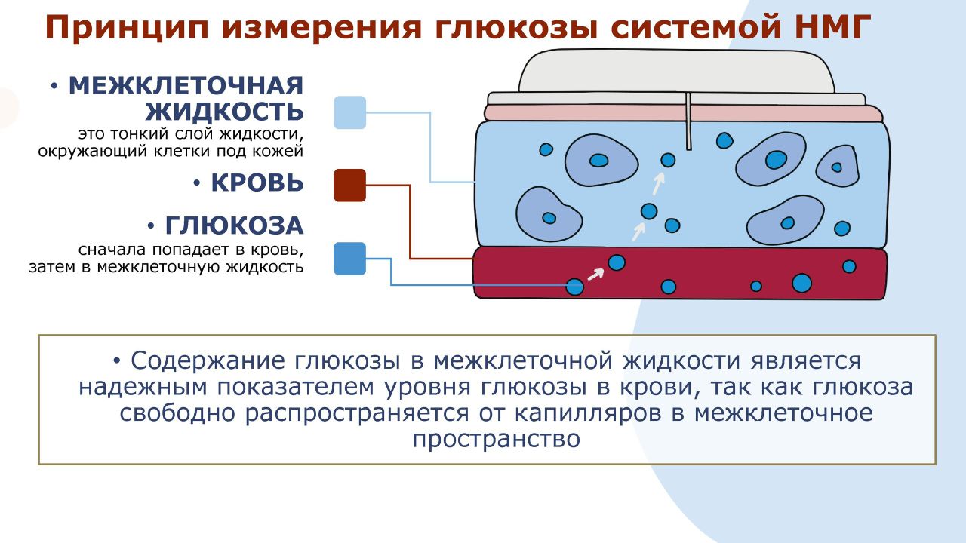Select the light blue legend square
pyautogui.click(x=349, y=112)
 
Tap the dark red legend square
pyautogui.click(x=349, y=186)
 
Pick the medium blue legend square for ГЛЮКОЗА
pyautogui.click(x=349, y=259)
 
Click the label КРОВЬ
pyautogui.click(x=257, y=183)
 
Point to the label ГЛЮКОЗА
pyautogui.click(x=234, y=225)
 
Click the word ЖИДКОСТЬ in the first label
pyautogui.click(x=224, y=112)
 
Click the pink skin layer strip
pyautogui.click(x=683, y=113)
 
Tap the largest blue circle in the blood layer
pyautogui.click(x=801, y=283)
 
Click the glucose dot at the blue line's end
pyautogui.click(x=575, y=287)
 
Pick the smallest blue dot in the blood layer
pyautogui.click(x=755, y=286)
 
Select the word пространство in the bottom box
pyautogui.click(x=496, y=439)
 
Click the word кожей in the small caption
pyautogui.click(x=281, y=151)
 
